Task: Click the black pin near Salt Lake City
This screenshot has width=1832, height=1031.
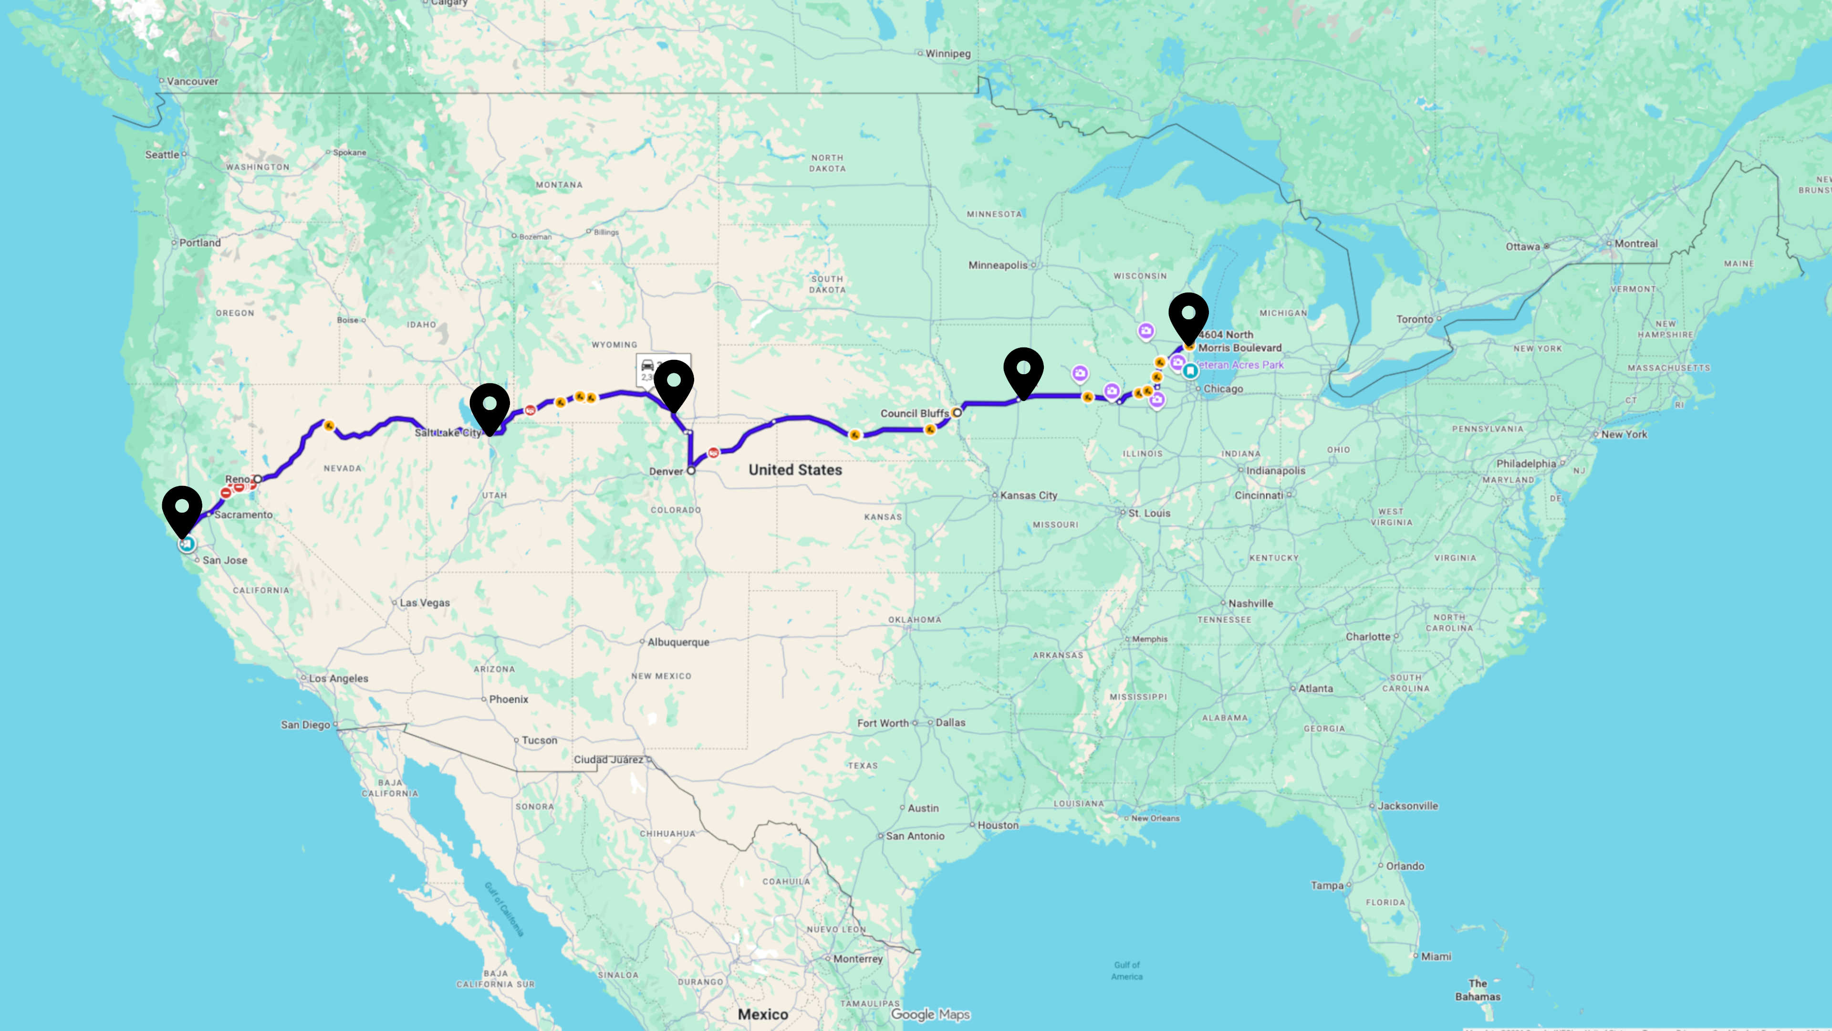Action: (x=489, y=406)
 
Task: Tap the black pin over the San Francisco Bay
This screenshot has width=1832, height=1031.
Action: (x=182, y=509)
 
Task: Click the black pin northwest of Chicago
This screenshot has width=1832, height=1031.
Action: (x=1188, y=315)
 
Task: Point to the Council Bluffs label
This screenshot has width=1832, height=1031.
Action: (x=915, y=413)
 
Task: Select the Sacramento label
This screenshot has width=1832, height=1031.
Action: (x=243, y=515)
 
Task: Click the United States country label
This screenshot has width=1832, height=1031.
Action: (x=795, y=470)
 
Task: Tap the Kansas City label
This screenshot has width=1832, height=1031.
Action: (x=1029, y=495)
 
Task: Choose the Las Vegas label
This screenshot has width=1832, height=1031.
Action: (x=425, y=603)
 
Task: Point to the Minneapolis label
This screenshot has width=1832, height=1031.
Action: (x=998, y=265)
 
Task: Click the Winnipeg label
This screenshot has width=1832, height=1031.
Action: (x=947, y=53)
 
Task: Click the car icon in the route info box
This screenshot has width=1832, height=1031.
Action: (x=647, y=365)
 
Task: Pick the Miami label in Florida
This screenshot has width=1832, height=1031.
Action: (x=1436, y=956)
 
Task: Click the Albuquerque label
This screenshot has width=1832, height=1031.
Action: (x=678, y=642)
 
